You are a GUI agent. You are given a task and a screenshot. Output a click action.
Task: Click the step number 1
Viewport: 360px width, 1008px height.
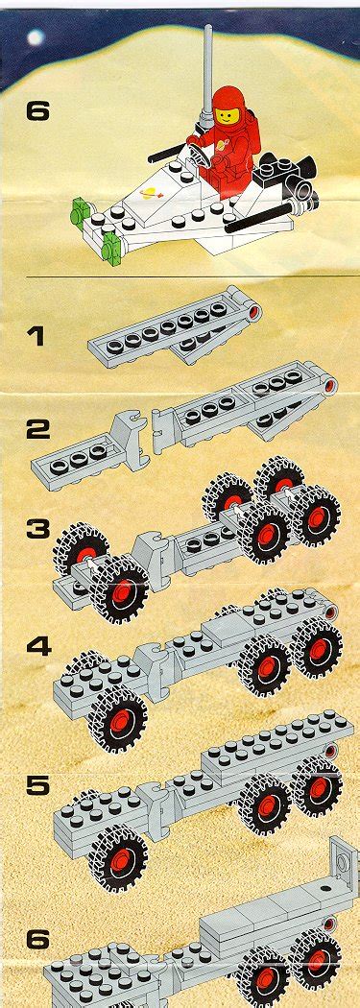[36, 336]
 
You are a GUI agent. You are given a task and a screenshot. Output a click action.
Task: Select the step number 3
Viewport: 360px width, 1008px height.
[37, 529]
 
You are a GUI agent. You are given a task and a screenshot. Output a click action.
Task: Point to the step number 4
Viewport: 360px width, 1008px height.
[38, 646]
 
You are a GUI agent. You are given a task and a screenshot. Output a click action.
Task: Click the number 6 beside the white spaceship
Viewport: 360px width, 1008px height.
[37, 112]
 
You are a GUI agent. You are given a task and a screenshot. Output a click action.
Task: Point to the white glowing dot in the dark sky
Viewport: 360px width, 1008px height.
[36, 37]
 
